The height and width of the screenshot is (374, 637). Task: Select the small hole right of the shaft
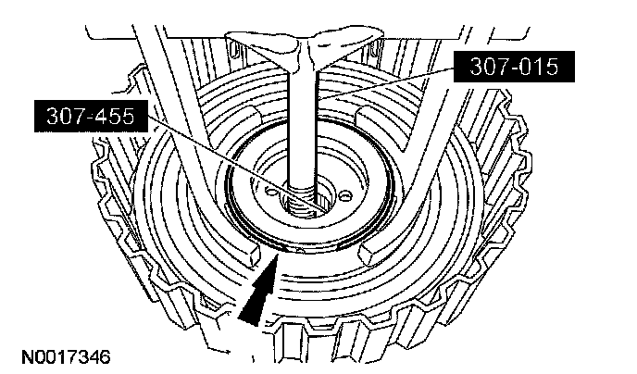tap(344, 194)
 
